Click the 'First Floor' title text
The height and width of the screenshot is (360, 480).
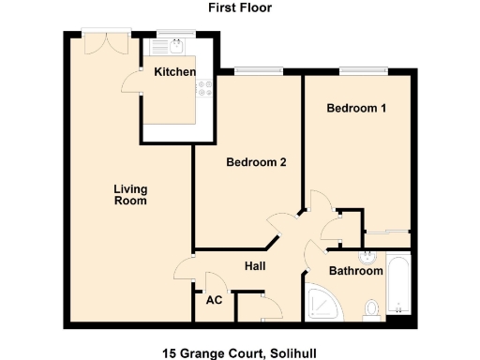coord(240,7)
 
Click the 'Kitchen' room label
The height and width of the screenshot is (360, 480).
coord(175,72)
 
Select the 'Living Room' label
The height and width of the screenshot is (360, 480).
coord(130,195)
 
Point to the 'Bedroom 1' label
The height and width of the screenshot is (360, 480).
coord(356,109)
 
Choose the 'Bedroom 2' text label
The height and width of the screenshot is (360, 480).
coord(256,162)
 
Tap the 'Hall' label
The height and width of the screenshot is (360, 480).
coord(255,266)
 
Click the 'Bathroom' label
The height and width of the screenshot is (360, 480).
coord(355,271)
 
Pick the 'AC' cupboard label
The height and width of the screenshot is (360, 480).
coord(213,301)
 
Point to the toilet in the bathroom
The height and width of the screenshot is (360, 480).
coord(372,307)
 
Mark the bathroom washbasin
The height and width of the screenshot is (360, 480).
coord(367,255)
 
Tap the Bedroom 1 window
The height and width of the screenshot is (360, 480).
coord(363,68)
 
